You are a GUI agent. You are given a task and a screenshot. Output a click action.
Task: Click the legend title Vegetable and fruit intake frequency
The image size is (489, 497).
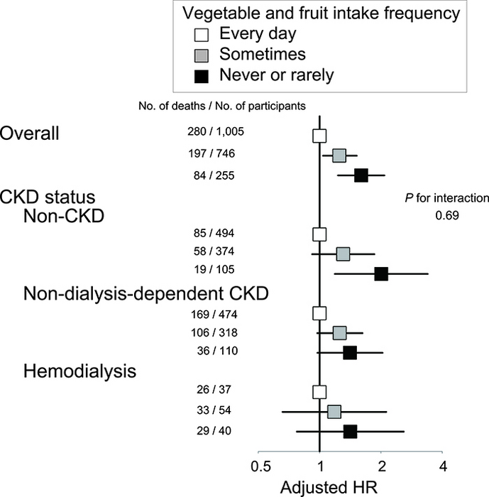tap(321, 13)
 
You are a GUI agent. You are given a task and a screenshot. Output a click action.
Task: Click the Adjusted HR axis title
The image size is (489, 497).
tap(320, 487)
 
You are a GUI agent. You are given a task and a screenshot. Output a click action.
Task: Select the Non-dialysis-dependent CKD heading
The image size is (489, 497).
tap(145, 293)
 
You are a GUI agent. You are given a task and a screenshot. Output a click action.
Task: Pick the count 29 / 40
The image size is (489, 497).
tap(216, 431)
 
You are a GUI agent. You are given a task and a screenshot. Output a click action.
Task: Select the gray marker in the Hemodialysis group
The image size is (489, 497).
tap(334, 411)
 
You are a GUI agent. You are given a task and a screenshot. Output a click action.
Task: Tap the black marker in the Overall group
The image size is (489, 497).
tap(361, 175)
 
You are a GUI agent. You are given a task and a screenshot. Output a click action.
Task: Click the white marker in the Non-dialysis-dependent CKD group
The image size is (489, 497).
tap(319, 313)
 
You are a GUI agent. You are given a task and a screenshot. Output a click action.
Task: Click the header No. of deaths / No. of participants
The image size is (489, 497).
tap(223, 106)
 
